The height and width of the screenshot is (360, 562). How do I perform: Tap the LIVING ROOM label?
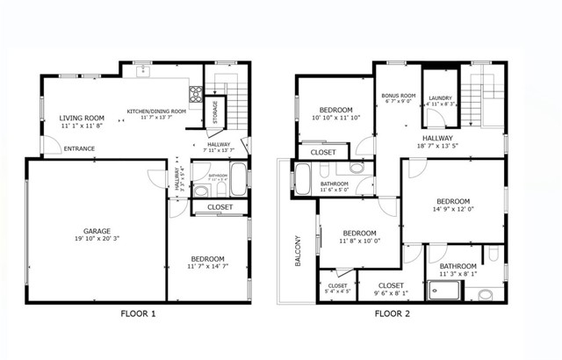(82, 118)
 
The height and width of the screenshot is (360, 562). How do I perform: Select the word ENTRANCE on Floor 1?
(80, 148)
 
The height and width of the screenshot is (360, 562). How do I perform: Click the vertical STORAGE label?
(216, 112)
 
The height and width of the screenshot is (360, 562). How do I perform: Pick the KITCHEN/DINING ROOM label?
(156, 112)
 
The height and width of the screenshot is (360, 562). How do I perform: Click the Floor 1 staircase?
(239, 100)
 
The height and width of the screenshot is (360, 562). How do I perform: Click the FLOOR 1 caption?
(138, 313)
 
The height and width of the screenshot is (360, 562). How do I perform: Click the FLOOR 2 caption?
(394, 313)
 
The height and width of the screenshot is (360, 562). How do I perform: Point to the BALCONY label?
(298, 251)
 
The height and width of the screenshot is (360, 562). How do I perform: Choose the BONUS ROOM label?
(398, 95)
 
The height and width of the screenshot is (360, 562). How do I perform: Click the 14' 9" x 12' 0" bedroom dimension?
(452, 209)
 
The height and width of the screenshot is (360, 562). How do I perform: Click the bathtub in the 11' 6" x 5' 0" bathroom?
(303, 179)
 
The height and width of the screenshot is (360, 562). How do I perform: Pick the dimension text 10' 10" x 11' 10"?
(335, 118)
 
